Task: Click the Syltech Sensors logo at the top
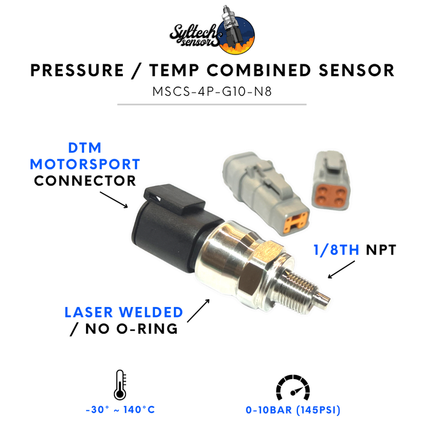point(212,30)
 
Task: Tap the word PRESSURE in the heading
point(78,70)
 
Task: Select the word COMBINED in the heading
point(259,70)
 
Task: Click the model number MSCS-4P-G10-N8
point(212,91)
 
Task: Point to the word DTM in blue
point(85,148)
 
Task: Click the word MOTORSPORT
point(85,164)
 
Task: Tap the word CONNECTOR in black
point(85,181)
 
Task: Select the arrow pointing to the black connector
point(114,200)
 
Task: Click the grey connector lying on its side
point(265,193)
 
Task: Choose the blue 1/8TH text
point(336,250)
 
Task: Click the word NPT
point(381,250)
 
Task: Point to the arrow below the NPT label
point(341,270)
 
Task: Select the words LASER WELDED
point(124,313)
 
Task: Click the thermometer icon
point(120,385)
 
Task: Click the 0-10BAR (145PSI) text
point(293,410)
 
